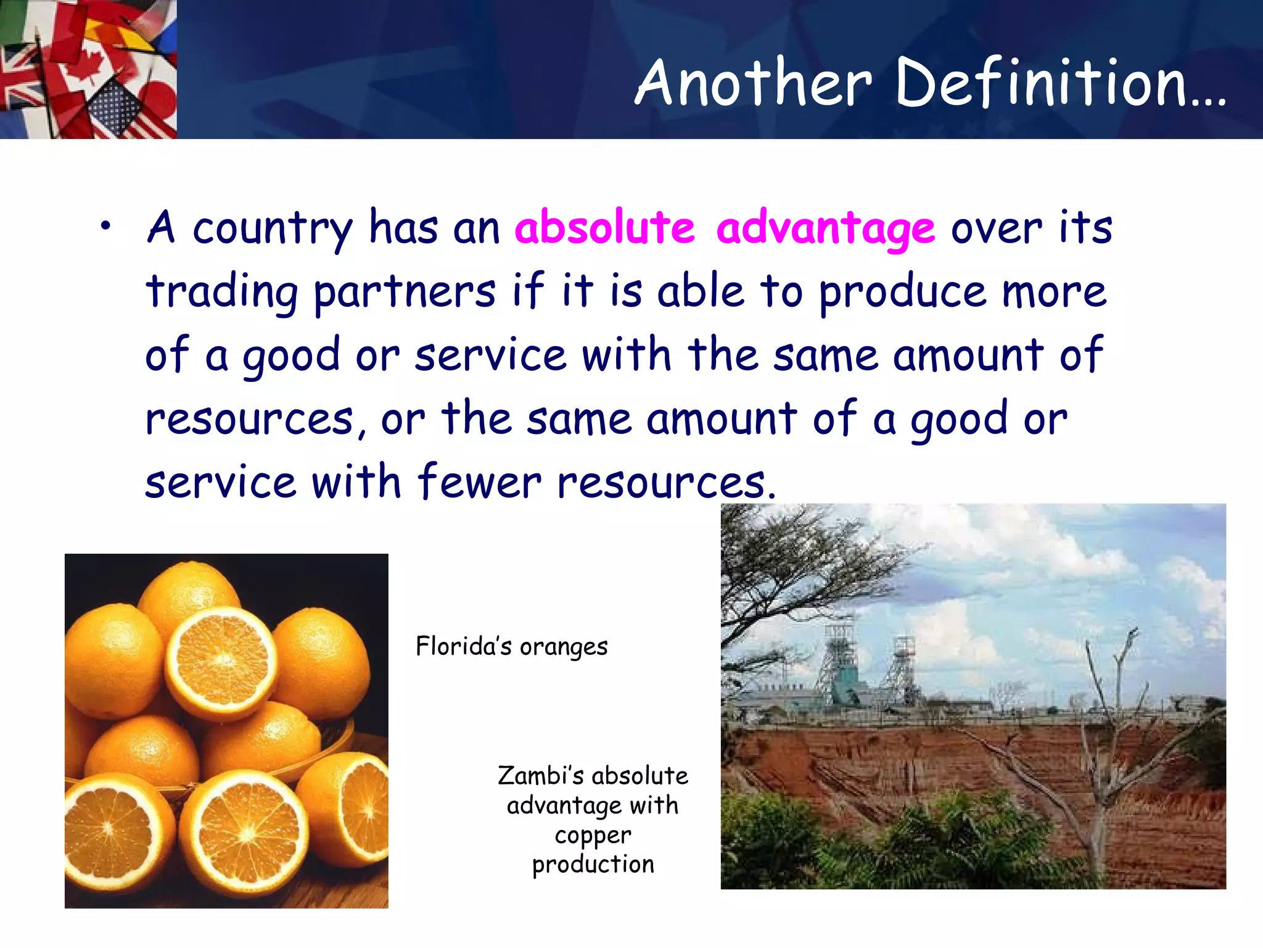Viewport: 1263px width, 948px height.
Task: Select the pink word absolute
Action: click(x=605, y=227)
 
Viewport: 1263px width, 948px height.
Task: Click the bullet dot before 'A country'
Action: click(x=106, y=227)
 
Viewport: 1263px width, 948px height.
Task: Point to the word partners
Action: click(x=405, y=291)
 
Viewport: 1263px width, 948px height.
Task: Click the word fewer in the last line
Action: click(x=479, y=481)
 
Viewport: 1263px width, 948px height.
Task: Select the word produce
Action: click(x=902, y=291)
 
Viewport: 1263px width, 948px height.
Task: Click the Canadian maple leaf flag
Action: click(x=86, y=62)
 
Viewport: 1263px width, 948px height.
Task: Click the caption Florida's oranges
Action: click(x=511, y=647)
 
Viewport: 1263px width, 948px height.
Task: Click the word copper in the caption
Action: click(x=593, y=836)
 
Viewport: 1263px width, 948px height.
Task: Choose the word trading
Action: click(x=222, y=291)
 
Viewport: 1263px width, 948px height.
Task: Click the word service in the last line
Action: click(x=220, y=481)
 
